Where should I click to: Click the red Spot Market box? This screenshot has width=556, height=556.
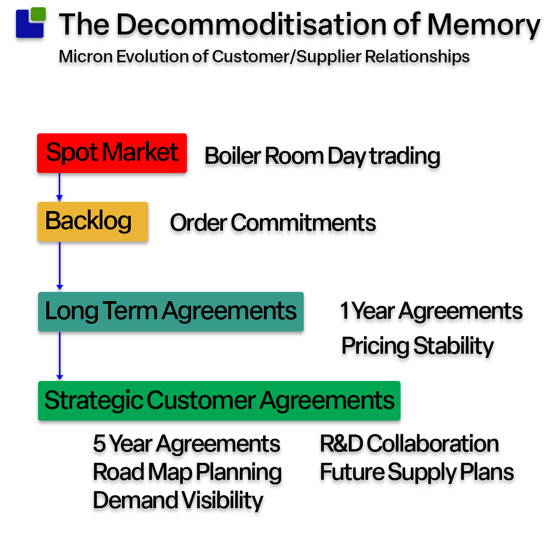112,153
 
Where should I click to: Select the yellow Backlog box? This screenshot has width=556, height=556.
93,221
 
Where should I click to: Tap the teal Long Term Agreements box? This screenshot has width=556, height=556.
170,311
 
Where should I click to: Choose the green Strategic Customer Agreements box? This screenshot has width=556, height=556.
219,401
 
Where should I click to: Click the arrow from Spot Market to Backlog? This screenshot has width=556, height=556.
59,187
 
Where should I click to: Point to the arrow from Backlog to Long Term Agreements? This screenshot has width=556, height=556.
59,266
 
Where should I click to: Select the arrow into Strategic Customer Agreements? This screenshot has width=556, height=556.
59,356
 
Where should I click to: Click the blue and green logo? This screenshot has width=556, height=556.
30,23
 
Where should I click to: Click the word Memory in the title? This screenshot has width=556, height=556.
483,25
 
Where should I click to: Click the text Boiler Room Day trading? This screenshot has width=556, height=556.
322,156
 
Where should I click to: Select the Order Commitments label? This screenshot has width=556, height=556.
273,223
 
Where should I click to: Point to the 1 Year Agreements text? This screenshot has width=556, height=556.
431,311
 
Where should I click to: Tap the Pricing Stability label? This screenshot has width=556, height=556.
418,346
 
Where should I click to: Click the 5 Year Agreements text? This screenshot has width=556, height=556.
186,444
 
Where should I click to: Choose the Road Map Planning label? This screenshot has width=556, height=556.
187,472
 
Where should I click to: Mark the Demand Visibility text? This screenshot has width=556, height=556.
178,500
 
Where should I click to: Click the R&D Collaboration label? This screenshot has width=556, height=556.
409,444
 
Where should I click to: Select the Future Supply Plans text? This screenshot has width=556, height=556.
417,472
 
